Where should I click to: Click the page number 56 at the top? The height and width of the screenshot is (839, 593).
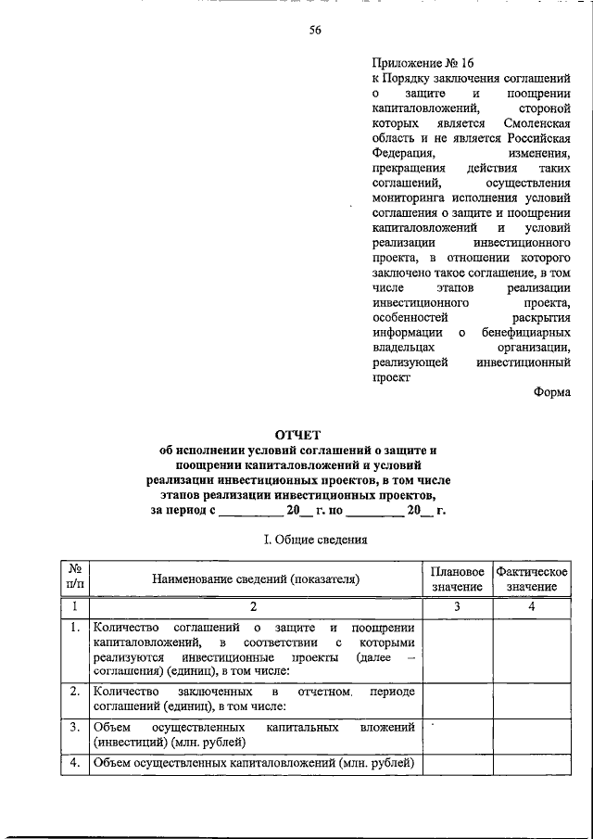coord(315,30)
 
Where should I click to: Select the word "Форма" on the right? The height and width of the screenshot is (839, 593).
coord(552,392)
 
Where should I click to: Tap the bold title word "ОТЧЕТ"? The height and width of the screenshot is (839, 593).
coord(296,434)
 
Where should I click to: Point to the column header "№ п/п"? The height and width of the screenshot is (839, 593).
coord(73,578)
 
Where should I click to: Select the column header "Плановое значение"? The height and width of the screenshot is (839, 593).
coord(457,578)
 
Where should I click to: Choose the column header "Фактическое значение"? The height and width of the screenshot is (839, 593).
coord(531,578)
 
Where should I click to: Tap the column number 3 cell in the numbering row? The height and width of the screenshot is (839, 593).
coord(457,606)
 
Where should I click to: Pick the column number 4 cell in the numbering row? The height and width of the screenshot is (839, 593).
coord(531,606)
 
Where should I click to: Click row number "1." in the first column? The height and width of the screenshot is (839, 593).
coord(73,628)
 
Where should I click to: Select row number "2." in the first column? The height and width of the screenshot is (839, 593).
coord(73,692)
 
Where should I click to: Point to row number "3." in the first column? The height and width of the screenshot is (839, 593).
coord(73,727)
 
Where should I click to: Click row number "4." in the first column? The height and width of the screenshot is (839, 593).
coord(73,764)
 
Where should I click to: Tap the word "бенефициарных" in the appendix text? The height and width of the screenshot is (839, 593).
coord(525,332)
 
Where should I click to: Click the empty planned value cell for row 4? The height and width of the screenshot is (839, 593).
coord(457,765)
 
